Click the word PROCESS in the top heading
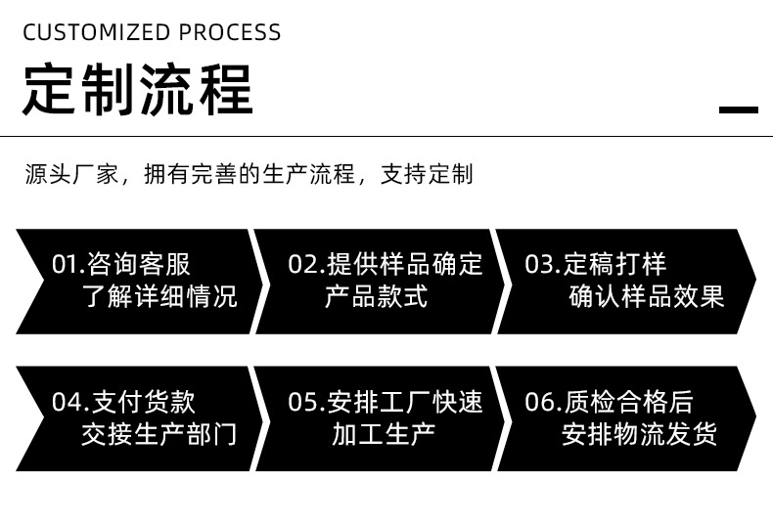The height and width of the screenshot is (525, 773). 229,33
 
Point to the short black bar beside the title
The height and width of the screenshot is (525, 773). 739,109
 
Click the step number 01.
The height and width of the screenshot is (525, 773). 65,265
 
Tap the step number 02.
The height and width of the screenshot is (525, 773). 301,265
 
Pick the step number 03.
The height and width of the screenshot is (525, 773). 539,265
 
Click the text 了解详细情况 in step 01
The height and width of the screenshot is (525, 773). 159,296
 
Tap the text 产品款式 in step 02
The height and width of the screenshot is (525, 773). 376,296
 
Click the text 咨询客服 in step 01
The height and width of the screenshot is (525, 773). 139,265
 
